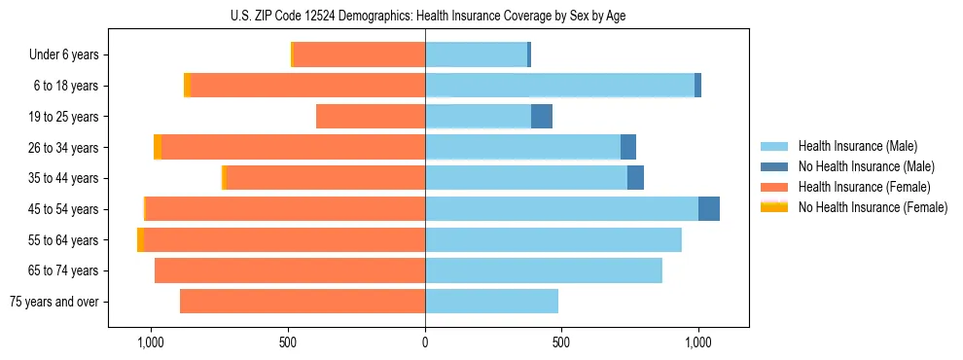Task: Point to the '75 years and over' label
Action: click(54, 302)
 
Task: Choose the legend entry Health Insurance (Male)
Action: click(856, 146)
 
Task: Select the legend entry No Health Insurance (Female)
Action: click(873, 207)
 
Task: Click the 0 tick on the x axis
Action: click(425, 342)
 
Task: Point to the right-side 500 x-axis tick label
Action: click(561, 342)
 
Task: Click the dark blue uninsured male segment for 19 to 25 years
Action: click(542, 117)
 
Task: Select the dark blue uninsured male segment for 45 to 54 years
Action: click(709, 209)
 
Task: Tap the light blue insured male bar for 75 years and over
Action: click(491, 302)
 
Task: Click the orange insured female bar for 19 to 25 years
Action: click(371, 117)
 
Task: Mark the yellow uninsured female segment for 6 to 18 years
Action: click(188, 86)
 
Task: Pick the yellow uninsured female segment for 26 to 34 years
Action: click(158, 147)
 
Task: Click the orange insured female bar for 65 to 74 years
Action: click(290, 270)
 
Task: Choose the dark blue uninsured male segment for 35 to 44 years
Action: click(635, 178)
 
